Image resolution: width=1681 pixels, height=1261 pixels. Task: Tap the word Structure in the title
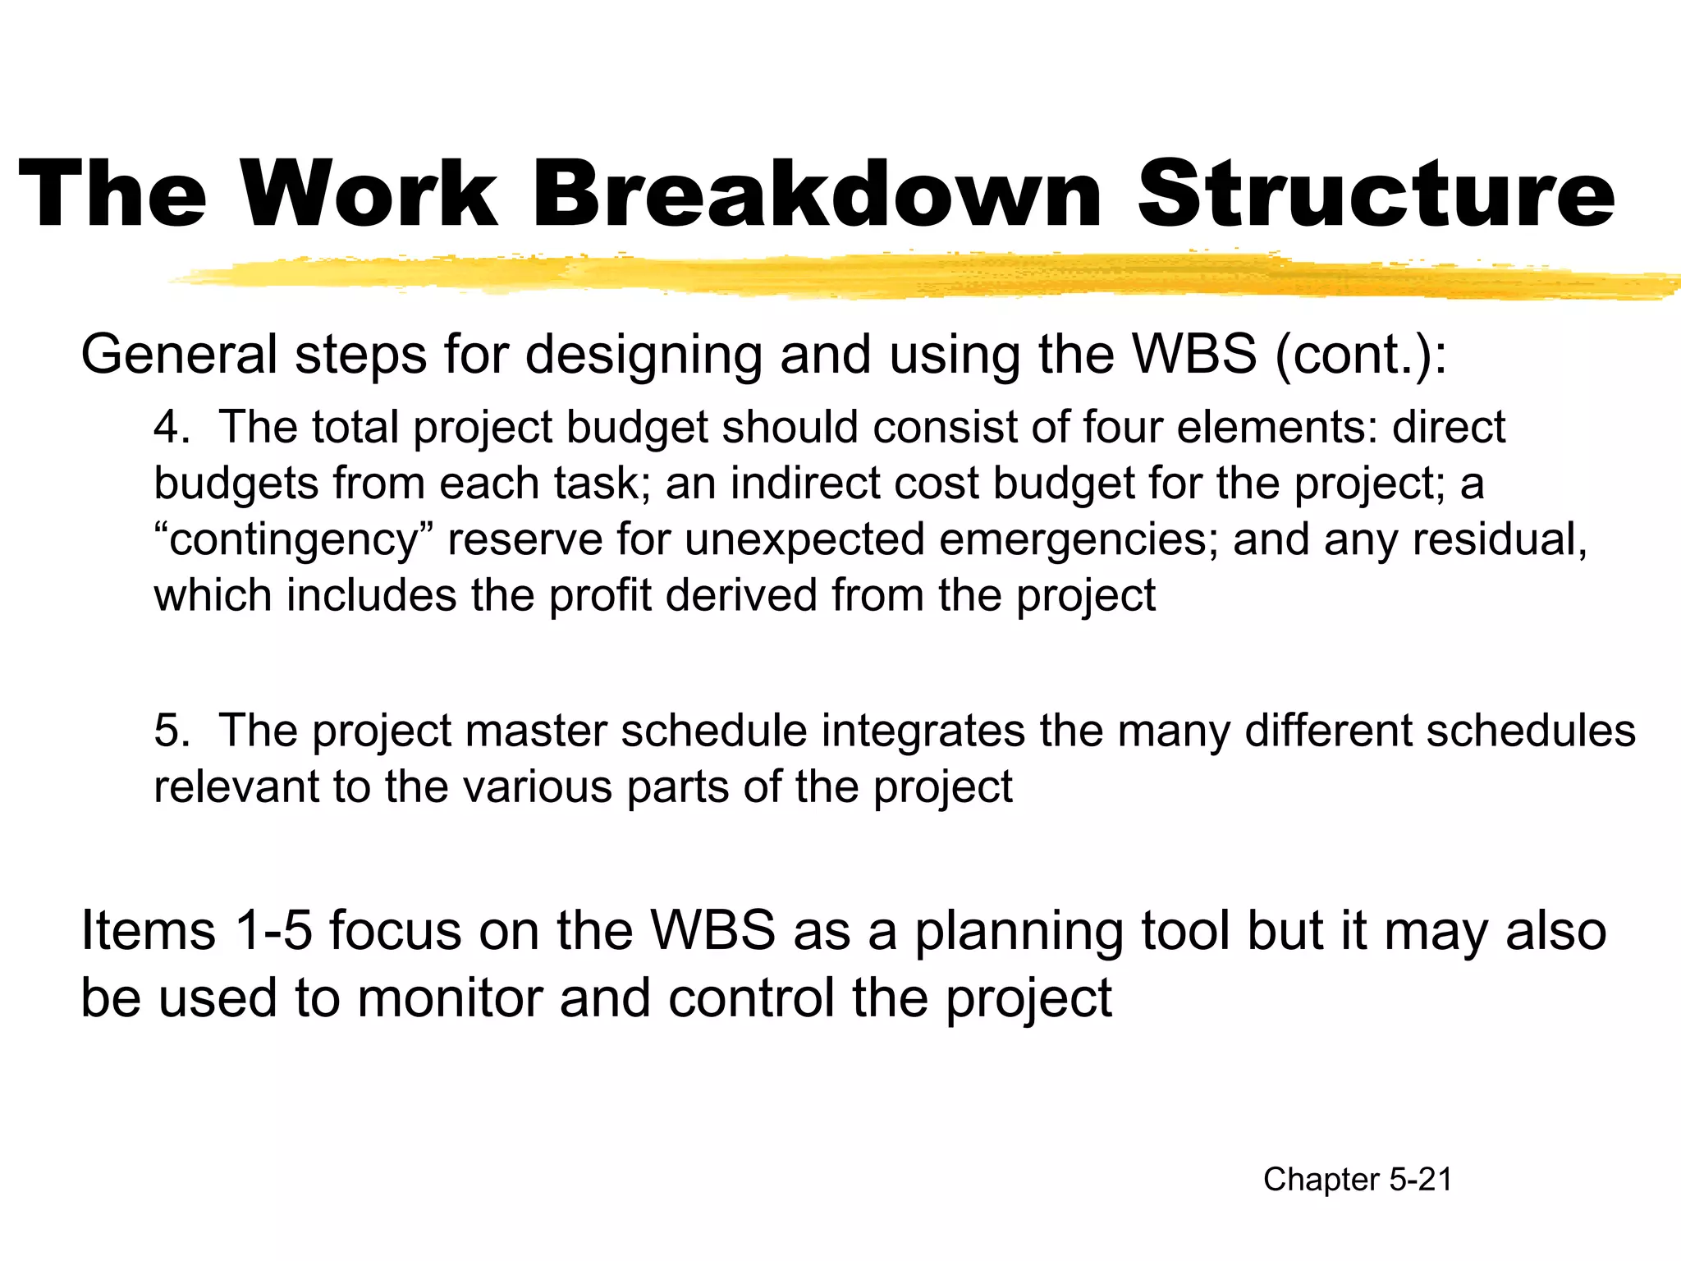click(1376, 195)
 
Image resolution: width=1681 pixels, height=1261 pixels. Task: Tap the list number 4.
click(170, 427)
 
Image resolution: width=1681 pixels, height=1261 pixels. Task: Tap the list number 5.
click(170, 730)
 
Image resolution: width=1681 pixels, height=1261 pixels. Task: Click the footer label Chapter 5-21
click(1358, 1180)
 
